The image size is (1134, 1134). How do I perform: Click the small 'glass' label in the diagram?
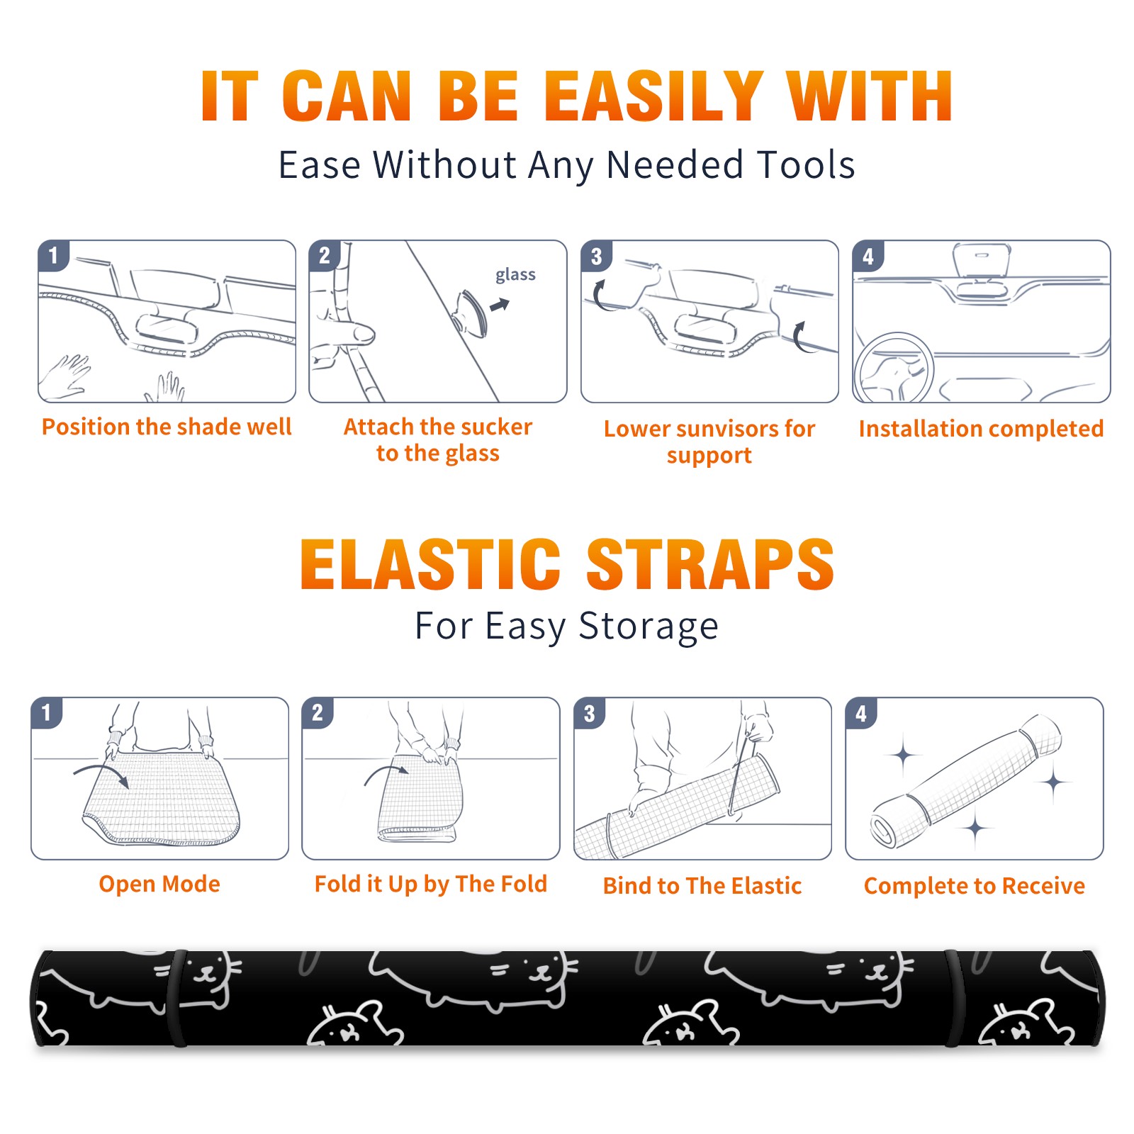[x=515, y=275]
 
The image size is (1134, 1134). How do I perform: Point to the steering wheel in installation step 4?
[x=894, y=368]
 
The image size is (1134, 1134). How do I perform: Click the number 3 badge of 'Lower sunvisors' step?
[x=596, y=256]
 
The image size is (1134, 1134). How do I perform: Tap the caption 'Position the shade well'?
[x=167, y=427]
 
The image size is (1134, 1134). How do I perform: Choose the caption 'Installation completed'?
[x=981, y=428]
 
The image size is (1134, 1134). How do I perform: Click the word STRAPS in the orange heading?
[x=710, y=564]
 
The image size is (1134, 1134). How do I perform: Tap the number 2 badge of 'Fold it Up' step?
[x=318, y=712]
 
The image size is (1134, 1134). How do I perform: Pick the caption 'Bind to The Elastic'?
[x=702, y=885]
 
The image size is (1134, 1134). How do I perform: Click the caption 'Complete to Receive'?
[x=975, y=885]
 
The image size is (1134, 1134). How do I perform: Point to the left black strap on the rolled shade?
[x=179, y=998]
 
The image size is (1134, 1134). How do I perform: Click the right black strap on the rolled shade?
[x=953, y=998]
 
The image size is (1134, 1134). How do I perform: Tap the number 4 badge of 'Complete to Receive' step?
[x=861, y=712]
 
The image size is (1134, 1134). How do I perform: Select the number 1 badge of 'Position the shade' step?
[x=53, y=256]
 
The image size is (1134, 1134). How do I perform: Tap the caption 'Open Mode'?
[x=159, y=884]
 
